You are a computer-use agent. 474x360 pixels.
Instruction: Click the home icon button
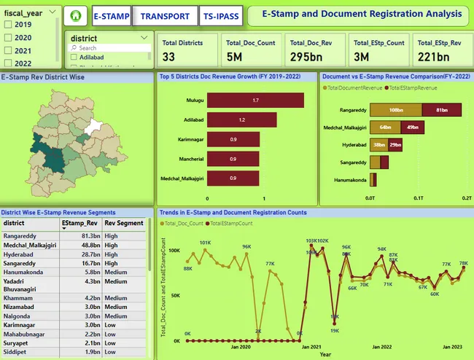pos(75,15)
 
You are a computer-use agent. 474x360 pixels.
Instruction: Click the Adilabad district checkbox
pos(74,57)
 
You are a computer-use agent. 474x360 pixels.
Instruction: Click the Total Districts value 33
pos(169,56)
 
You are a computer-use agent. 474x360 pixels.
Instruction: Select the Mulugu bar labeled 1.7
pos(255,100)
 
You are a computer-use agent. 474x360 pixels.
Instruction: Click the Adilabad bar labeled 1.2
pos(241,120)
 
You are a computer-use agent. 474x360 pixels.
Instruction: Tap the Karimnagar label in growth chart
pos(188,139)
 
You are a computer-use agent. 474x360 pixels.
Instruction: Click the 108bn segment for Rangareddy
pos(396,110)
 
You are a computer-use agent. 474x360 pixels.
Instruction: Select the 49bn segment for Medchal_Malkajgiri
pos(413,128)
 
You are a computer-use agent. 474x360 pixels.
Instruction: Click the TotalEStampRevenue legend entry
pos(416,87)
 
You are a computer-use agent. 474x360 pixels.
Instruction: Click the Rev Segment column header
pos(124,223)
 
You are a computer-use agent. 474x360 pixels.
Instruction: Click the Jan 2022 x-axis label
pos(381,347)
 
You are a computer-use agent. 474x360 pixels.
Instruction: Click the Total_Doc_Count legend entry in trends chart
pos(183,224)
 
